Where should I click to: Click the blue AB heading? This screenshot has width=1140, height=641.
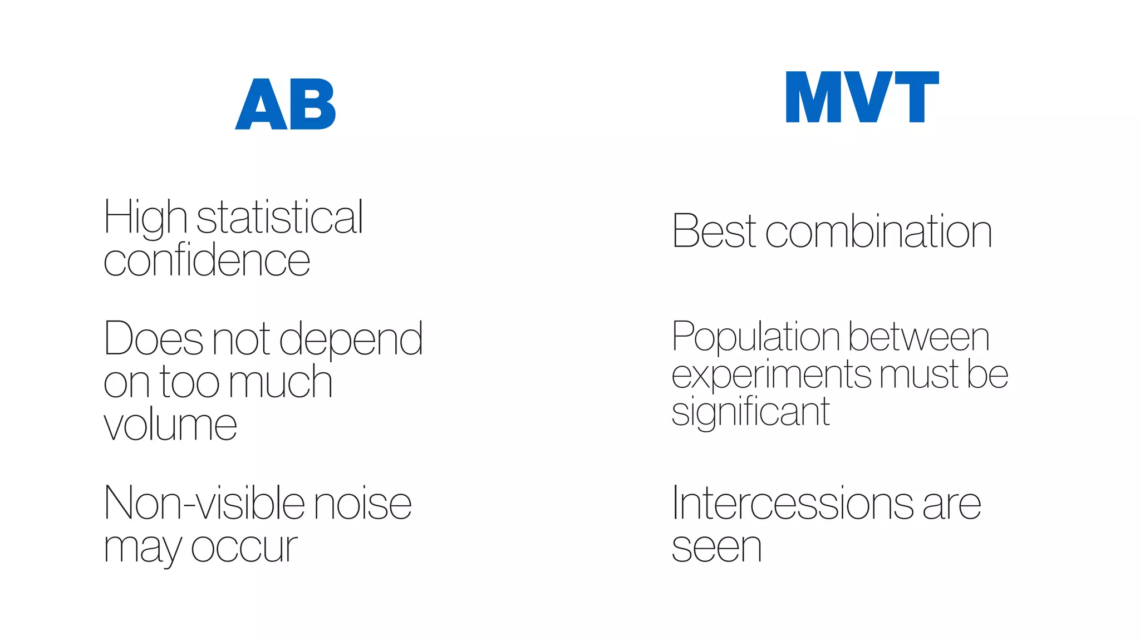[x=286, y=104]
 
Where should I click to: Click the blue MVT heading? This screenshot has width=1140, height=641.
[x=862, y=97]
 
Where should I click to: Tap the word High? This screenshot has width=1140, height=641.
[x=145, y=218]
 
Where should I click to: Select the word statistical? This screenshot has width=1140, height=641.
[x=280, y=217]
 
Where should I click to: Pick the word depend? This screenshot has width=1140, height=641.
[x=351, y=339]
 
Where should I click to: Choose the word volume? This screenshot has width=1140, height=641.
[x=170, y=425]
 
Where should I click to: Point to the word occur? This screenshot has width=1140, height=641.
[x=244, y=548]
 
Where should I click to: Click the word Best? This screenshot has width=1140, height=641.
[x=714, y=231]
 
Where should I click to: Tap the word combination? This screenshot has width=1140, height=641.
[x=879, y=231]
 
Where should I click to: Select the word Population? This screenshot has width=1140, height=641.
[x=755, y=337]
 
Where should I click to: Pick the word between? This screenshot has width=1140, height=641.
[x=919, y=337]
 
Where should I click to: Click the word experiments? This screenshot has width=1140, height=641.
[x=772, y=375]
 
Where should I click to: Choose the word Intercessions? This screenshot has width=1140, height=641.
[x=793, y=503]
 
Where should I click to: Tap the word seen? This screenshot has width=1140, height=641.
[x=716, y=548]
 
